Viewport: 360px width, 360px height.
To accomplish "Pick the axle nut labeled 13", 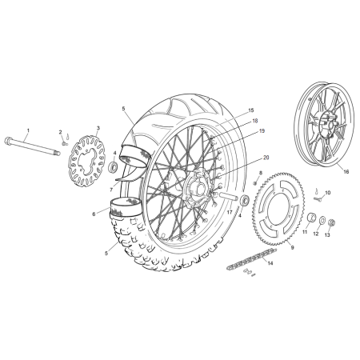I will pos(330,222).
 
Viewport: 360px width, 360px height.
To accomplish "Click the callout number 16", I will pos(324,170).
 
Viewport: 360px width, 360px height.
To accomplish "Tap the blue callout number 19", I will pos(239,131).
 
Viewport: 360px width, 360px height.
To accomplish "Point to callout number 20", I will pos(243,158).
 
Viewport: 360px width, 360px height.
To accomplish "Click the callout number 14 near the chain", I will pos(269,262).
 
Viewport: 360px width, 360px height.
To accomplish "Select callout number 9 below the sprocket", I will pos(291,247).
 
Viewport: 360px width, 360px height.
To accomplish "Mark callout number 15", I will pos(228,110).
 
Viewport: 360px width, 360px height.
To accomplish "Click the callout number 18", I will pos(233,121).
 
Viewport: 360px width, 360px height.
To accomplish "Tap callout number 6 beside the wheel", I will pos(93,214).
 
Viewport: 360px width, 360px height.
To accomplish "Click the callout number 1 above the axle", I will pos(26,130).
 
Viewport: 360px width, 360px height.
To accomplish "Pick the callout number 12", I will pos(315,234).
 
